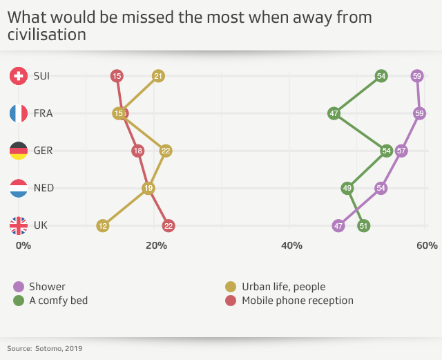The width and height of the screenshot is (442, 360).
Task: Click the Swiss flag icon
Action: (19, 76)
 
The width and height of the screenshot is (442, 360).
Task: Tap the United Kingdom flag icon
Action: (19, 225)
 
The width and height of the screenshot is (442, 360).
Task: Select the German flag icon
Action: (19, 151)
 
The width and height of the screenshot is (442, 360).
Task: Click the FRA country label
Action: (43, 113)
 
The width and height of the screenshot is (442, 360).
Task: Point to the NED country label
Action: (44, 188)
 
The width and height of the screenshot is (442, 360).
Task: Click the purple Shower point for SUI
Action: (416, 76)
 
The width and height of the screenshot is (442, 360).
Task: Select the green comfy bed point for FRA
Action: (334, 113)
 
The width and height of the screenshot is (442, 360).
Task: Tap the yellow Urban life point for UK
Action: (103, 225)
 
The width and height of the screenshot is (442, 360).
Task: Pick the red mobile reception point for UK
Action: (169, 225)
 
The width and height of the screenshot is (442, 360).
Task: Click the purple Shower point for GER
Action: (401, 151)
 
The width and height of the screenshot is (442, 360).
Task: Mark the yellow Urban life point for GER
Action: (166, 151)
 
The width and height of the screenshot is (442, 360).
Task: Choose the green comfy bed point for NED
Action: (347, 188)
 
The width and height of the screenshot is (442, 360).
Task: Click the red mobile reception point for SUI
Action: (117, 76)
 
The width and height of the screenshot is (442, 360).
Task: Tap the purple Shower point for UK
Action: (338, 225)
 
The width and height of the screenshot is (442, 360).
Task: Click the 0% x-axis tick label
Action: (23, 245)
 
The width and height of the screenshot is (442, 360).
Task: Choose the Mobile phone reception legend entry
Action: (297, 301)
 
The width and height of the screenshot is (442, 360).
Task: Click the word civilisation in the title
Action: (47, 34)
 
